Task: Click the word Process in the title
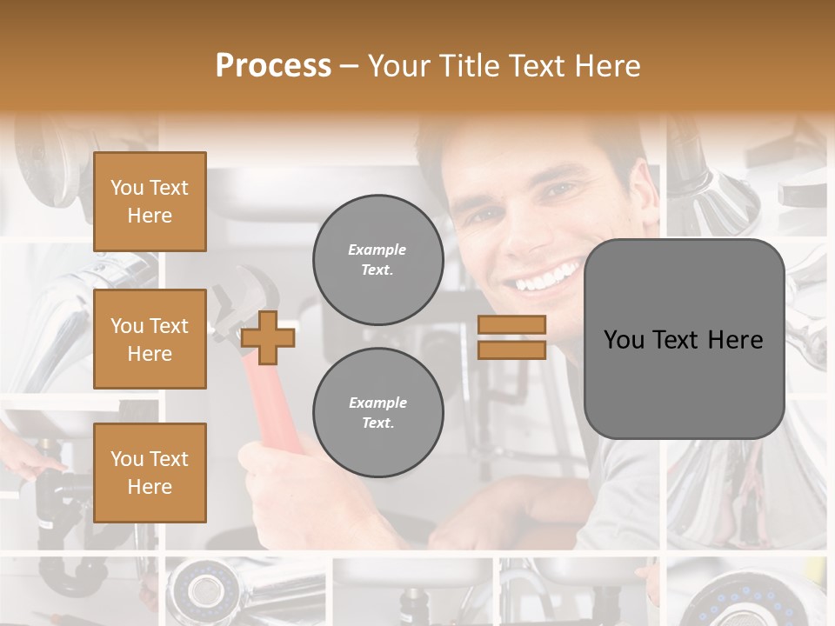[x=273, y=66]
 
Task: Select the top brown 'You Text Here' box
[x=150, y=202]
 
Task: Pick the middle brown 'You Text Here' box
[x=150, y=339]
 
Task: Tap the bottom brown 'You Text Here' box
[x=150, y=472]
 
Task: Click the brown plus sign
[x=268, y=337]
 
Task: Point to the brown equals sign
[x=512, y=337]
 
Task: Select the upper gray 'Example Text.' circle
[x=377, y=259]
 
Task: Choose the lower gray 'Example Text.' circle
[x=377, y=412]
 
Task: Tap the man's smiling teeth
[x=544, y=278]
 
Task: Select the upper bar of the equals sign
[x=512, y=325]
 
